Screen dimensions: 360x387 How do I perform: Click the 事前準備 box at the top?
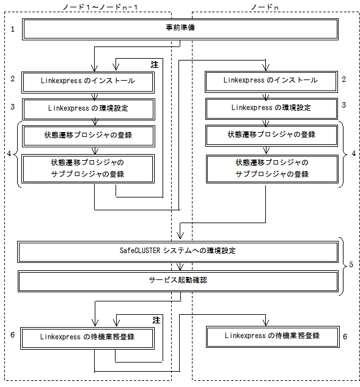click(x=180, y=29)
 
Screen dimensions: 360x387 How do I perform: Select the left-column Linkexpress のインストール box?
click(x=88, y=83)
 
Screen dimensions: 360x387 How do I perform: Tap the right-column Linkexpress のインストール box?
click(x=271, y=82)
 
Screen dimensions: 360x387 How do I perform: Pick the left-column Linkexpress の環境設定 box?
click(x=89, y=109)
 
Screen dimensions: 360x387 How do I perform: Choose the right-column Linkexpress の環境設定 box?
click(x=271, y=109)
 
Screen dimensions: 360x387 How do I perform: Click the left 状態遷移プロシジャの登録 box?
click(x=89, y=136)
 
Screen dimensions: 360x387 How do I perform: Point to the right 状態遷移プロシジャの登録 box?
click(x=271, y=136)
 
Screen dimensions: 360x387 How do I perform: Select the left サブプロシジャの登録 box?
click(x=88, y=169)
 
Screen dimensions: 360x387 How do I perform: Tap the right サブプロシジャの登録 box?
click(x=272, y=169)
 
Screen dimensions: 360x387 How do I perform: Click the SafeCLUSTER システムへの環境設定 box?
click(x=178, y=252)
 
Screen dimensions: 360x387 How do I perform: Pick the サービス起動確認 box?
click(x=178, y=281)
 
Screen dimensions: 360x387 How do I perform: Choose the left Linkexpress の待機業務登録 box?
click(x=87, y=338)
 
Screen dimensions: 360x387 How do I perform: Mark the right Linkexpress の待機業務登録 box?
click(x=273, y=337)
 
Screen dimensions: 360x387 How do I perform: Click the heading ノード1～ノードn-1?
click(x=100, y=7)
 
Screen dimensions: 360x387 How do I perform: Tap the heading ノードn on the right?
click(x=265, y=7)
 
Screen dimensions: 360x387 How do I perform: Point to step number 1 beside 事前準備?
click(x=13, y=29)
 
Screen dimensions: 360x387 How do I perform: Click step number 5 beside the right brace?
click(x=351, y=265)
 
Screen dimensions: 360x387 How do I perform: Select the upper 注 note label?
click(x=155, y=65)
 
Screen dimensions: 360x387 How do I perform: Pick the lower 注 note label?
click(x=156, y=320)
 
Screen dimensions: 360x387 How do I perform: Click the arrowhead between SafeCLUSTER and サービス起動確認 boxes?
click(x=180, y=267)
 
